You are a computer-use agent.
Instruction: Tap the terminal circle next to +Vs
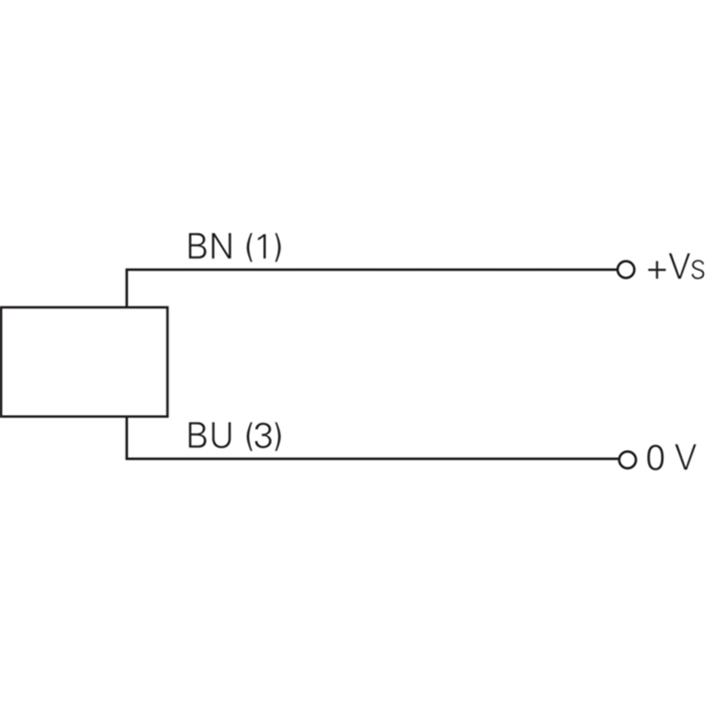click(x=626, y=270)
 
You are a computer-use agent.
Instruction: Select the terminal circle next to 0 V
click(x=627, y=460)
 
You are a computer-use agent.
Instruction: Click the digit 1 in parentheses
click(x=263, y=246)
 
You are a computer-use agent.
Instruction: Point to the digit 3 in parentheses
click(x=263, y=435)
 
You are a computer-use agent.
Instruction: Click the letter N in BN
click(x=221, y=246)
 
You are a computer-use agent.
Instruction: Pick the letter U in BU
click(x=221, y=436)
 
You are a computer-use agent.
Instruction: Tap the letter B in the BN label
click(x=197, y=246)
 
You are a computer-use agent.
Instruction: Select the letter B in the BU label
click(x=197, y=435)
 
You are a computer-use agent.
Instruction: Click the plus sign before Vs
click(x=657, y=270)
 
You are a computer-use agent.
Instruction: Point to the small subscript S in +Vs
click(x=697, y=272)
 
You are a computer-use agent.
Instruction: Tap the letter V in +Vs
click(x=679, y=267)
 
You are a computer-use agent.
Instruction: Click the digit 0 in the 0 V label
click(x=655, y=458)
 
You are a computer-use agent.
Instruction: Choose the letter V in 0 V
click(x=685, y=457)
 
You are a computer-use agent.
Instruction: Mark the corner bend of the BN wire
click(x=126, y=270)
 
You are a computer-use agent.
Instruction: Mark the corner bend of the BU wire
click(x=126, y=459)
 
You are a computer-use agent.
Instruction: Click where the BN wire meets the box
click(x=126, y=307)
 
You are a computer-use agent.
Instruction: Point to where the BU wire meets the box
click(x=126, y=417)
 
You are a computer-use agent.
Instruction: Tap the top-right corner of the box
click(x=168, y=307)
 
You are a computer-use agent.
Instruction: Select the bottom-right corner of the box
click(x=168, y=417)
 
